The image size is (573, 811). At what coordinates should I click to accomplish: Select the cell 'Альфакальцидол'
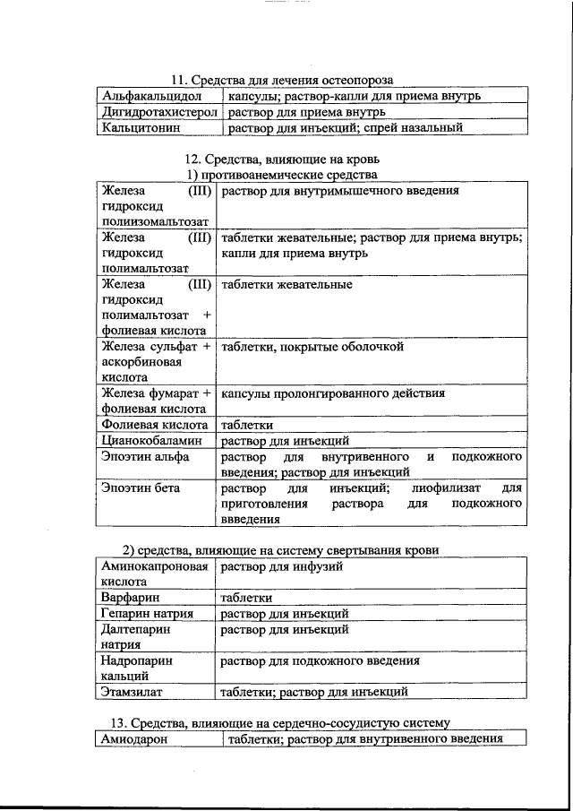coord(151,95)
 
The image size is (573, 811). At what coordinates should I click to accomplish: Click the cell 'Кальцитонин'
coord(142,128)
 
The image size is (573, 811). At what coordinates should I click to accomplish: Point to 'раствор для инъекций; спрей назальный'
coord(345,128)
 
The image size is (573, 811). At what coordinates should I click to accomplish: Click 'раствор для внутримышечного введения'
coord(340,191)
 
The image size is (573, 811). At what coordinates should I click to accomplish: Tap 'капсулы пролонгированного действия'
coord(333,393)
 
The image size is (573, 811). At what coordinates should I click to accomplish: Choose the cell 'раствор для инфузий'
coord(281,566)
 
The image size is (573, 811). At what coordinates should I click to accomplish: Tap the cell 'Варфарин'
coord(131,598)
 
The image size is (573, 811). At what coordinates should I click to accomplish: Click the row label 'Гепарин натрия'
coord(147,614)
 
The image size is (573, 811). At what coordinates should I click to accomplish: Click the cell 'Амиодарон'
coord(135,738)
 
